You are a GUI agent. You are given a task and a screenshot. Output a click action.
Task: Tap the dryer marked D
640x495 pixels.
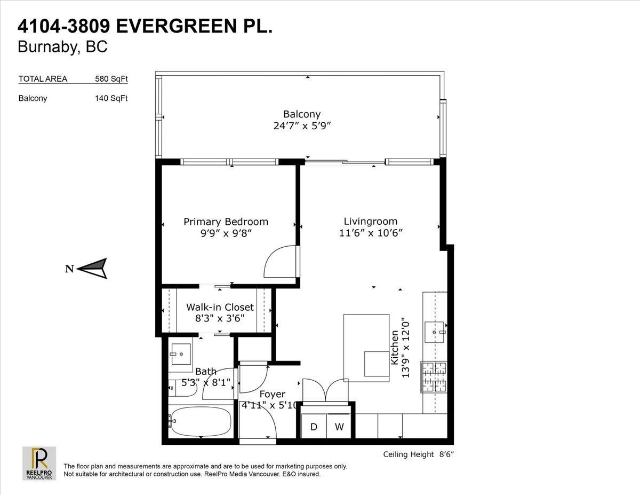pos(314,426)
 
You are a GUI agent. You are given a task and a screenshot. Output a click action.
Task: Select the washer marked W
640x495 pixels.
pos(339,426)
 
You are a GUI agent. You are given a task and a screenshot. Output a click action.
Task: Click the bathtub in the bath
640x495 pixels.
pos(201,422)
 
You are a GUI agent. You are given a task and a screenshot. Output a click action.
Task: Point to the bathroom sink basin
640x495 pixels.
pos(181,354)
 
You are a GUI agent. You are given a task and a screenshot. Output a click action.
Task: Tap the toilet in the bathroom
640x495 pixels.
pos(182,388)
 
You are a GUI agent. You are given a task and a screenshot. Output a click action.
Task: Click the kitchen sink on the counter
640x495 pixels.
pos(435,332)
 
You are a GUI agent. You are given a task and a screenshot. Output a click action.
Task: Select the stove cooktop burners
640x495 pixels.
pos(434,377)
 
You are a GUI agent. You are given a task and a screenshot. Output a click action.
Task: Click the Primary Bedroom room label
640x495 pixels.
pos(226,222)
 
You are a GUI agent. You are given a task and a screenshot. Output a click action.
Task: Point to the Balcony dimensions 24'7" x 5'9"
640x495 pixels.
pos(302,126)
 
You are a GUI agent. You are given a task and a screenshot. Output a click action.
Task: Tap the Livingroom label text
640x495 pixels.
pos(371,221)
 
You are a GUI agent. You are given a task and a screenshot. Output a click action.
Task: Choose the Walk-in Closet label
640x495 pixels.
pos(220,307)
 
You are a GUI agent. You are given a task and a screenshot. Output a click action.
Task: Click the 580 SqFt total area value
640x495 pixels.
pos(111,78)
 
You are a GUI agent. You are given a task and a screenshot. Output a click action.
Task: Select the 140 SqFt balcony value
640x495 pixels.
pos(111,98)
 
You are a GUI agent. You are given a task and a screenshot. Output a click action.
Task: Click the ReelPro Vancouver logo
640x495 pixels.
pos(39,463)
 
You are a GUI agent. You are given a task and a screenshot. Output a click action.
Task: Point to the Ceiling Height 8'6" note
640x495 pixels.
pos(418,454)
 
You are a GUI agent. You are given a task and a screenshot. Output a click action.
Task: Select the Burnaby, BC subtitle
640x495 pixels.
pos(63,46)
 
